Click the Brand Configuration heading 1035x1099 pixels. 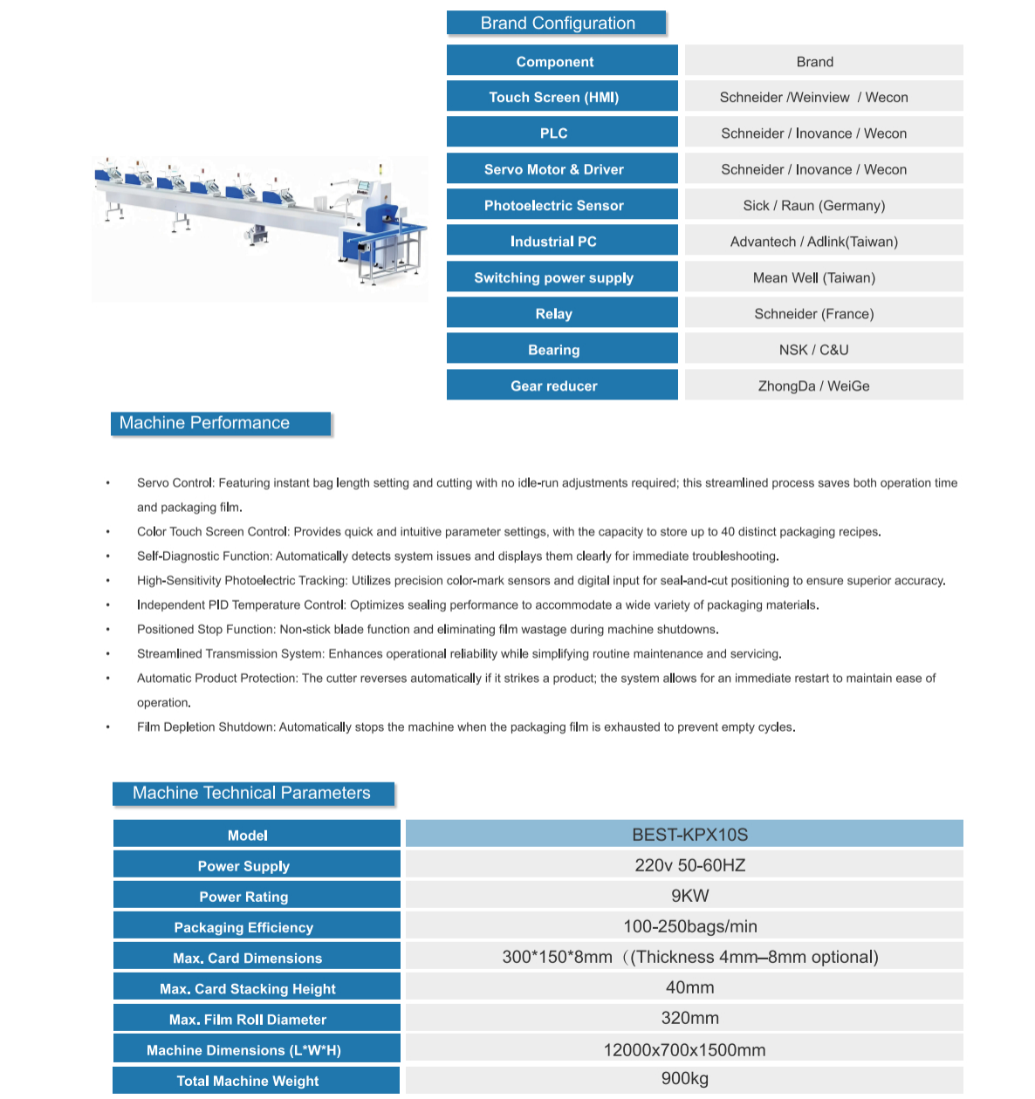click(557, 24)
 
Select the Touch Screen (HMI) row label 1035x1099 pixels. click(553, 98)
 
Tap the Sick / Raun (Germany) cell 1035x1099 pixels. click(813, 206)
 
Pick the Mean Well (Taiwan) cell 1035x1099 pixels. click(813, 278)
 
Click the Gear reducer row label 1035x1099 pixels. click(553, 386)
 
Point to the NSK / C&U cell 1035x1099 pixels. click(813, 350)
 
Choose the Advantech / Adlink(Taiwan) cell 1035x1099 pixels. click(813, 242)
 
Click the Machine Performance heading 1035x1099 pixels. click(204, 423)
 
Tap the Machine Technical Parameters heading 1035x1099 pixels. click(251, 793)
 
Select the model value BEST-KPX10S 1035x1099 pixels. click(689, 835)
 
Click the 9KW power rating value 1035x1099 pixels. click(689, 896)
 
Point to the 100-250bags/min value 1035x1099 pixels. click(689, 926)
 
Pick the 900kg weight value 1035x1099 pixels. click(684, 1079)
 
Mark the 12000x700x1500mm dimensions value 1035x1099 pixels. click(684, 1050)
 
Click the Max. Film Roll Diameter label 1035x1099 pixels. click(248, 1020)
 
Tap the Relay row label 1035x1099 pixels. click(553, 314)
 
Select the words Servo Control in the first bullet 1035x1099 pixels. click(175, 483)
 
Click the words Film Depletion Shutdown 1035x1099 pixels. click(206, 727)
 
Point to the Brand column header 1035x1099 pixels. click(814, 62)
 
